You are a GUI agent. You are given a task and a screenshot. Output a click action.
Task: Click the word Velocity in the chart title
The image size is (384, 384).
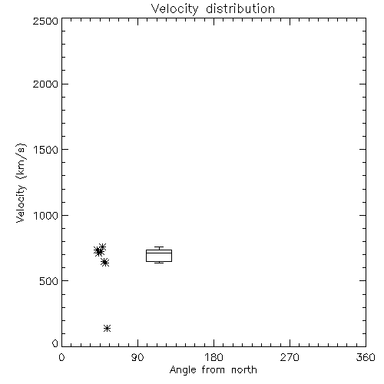click(x=175, y=9)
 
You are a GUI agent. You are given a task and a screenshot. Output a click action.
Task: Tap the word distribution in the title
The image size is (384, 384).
click(x=240, y=8)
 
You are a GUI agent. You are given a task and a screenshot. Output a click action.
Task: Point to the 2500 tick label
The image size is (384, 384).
click(x=45, y=21)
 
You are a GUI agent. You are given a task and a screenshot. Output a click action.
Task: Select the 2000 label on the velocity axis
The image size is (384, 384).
click(x=45, y=84)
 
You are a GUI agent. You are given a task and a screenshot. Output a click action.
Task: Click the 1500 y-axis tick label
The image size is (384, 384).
click(x=46, y=150)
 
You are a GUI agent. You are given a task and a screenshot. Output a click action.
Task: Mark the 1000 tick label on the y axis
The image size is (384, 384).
click(x=46, y=216)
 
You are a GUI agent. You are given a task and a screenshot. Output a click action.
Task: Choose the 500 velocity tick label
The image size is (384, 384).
click(x=49, y=281)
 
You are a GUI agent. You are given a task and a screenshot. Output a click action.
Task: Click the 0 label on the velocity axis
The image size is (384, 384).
click(x=55, y=343)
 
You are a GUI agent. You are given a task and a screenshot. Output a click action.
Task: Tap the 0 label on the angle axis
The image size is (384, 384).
click(x=61, y=357)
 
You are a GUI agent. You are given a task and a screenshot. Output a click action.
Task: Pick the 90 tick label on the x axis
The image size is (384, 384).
click(x=137, y=357)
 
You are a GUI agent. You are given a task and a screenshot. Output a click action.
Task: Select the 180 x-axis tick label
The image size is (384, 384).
click(x=214, y=357)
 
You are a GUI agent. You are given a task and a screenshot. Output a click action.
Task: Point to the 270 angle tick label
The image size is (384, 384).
click(x=290, y=357)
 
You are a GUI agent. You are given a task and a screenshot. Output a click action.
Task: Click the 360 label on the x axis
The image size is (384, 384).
click(x=366, y=357)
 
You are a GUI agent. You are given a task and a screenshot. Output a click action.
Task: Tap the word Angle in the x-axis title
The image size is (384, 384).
click(x=183, y=371)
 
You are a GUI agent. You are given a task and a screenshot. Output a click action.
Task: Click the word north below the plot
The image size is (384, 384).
click(x=244, y=369)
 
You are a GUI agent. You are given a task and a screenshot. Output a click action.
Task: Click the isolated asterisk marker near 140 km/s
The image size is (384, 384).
click(x=107, y=328)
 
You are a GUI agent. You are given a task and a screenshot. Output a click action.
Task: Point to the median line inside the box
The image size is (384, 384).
click(x=159, y=253)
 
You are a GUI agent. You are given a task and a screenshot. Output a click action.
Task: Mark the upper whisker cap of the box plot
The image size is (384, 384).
click(x=159, y=247)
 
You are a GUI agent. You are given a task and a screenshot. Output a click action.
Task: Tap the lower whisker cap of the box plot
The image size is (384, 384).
click(x=159, y=263)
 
